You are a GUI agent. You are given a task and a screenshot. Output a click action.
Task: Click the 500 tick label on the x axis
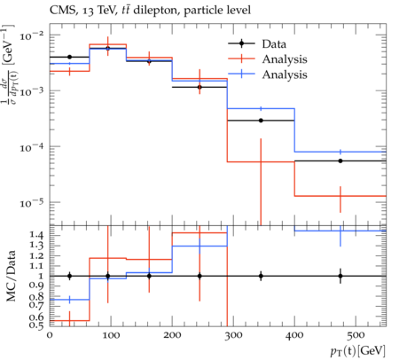(356, 335)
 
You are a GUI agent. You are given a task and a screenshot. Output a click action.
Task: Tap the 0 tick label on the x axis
(50, 335)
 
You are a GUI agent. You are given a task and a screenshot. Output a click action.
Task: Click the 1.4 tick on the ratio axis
(37, 236)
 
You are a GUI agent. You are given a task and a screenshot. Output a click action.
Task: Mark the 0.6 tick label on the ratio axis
(37, 317)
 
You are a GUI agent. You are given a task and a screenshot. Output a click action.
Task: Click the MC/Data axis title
(11, 276)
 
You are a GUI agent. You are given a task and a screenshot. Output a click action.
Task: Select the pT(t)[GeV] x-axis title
(358, 351)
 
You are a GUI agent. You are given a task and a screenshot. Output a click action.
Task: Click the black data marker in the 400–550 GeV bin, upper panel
(340, 160)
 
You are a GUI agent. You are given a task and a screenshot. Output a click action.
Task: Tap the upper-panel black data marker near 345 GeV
(261, 121)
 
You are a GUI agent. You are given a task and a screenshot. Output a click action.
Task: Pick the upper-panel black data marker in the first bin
(69, 57)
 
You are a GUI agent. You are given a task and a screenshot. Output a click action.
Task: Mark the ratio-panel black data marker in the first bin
(69, 276)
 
